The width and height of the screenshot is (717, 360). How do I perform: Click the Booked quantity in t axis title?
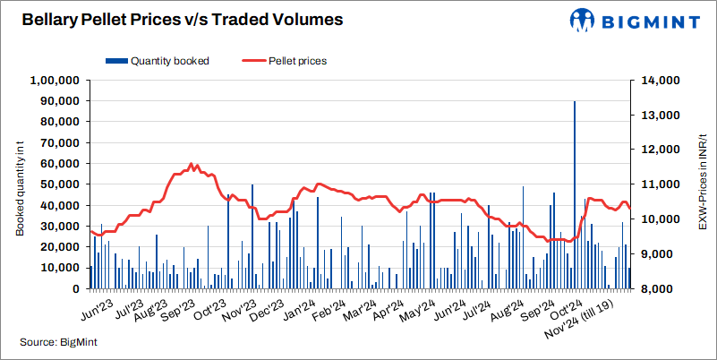point(20,184)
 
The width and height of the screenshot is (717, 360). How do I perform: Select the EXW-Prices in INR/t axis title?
point(704,184)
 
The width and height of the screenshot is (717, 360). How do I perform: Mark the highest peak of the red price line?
point(191,164)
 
